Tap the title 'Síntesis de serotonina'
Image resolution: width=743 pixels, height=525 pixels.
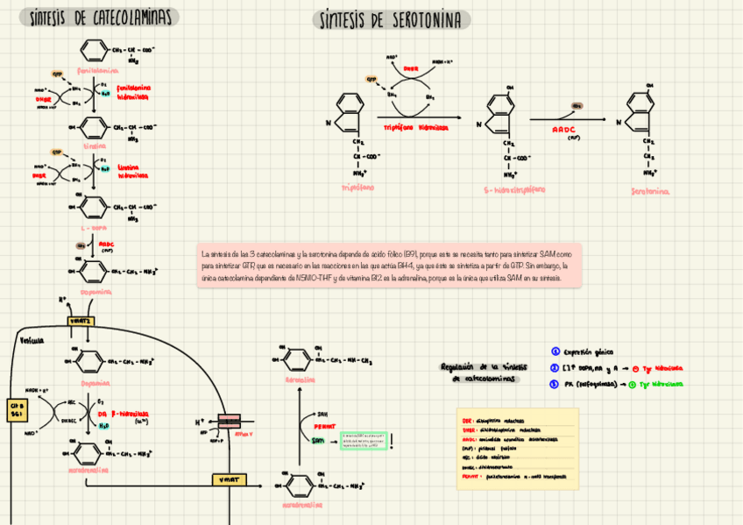[x=391, y=20]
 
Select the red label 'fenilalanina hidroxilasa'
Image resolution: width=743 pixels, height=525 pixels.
[x=133, y=93]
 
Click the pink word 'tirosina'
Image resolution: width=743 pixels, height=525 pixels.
[x=94, y=146]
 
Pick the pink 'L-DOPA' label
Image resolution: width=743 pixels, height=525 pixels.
[x=94, y=226]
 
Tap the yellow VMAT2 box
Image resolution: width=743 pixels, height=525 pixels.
[x=81, y=322]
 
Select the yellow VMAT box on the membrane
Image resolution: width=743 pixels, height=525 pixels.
[x=230, y=479]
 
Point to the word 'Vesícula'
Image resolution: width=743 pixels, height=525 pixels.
[x=32, y=340]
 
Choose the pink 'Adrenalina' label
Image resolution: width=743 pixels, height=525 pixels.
[x=301, y=380]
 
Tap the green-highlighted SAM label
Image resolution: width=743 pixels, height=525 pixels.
[x=318, y=441]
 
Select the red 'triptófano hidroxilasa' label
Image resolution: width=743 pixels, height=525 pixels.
[x=415, y=127]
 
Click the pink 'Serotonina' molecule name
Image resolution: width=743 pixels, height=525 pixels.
[x=650, y=190]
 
